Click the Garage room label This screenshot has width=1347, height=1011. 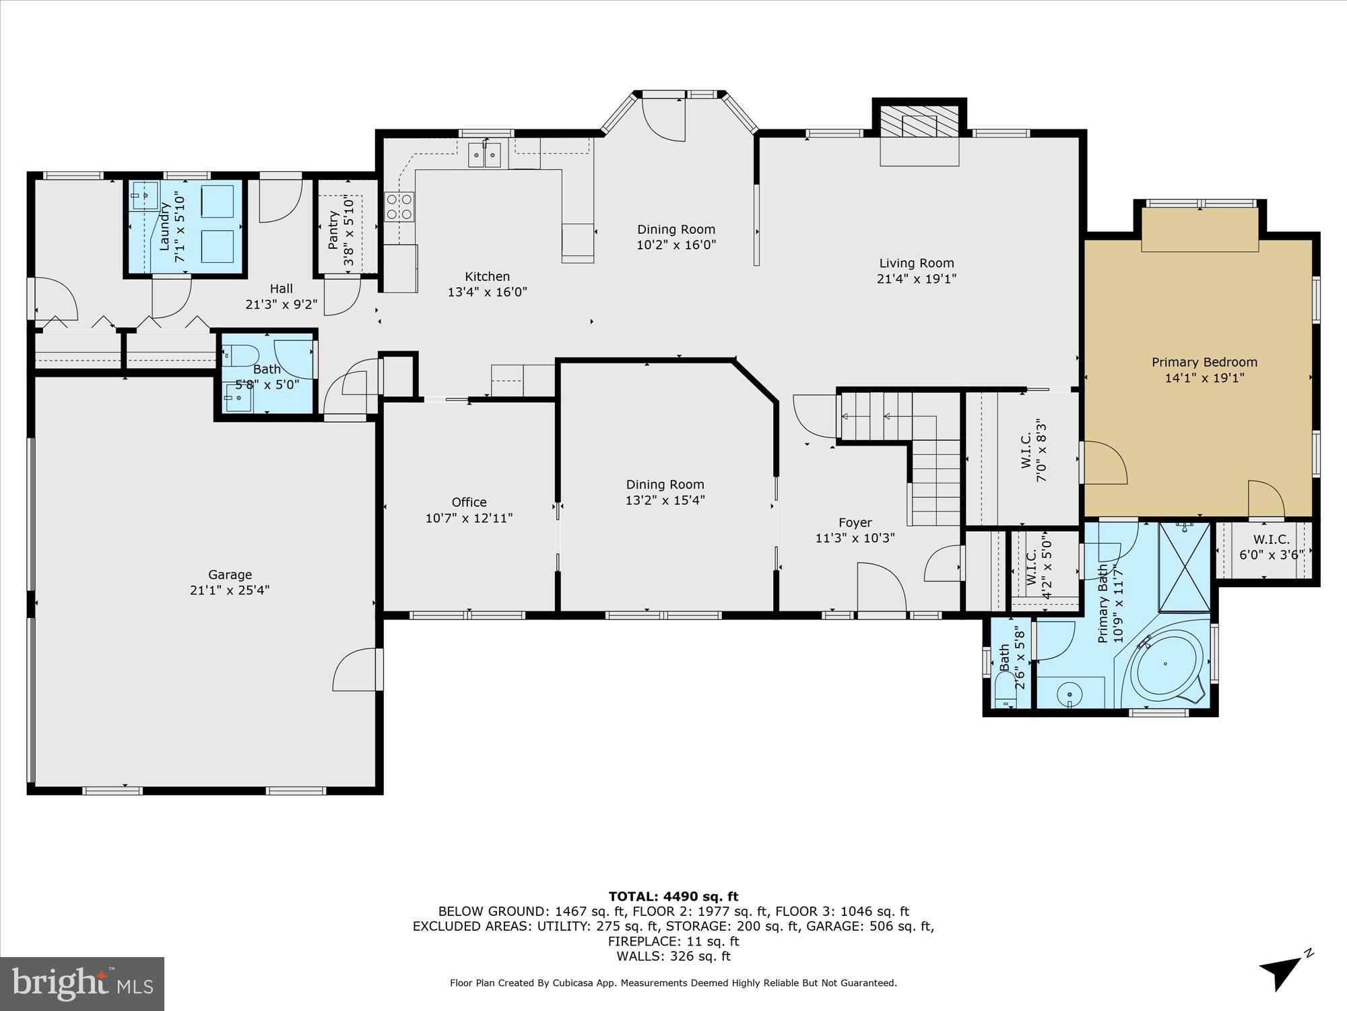230,574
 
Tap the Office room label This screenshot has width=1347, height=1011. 469,502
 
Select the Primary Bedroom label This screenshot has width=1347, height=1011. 1204,362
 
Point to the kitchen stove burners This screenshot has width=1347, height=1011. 399,207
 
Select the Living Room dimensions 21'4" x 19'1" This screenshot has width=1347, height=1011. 917,279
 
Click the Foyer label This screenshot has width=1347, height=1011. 855,522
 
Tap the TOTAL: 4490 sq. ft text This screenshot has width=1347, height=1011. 673,896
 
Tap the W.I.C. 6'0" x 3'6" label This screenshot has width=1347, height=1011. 1271,540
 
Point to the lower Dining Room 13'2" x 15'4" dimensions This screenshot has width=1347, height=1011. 665,500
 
